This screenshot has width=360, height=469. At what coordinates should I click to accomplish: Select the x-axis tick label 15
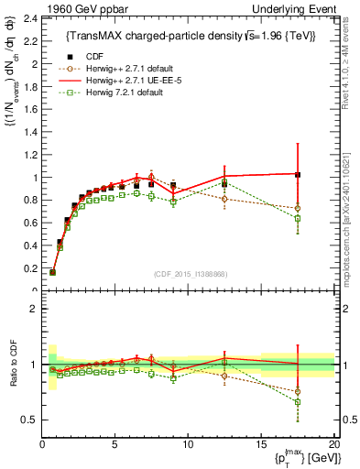click(260, 443)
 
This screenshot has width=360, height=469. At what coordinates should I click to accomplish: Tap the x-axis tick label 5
click(115, 443)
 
